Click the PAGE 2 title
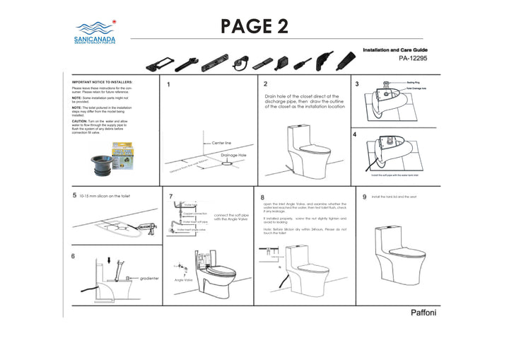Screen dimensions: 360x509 [x=254, y=25]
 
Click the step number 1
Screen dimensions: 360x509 [x=168, y=85]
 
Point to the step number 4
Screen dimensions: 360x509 [x=355, y=134]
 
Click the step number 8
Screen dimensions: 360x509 [x=262, y=197]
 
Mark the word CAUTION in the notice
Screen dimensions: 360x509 [x=80, y=121]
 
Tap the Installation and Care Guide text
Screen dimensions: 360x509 [x=395, y=51]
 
